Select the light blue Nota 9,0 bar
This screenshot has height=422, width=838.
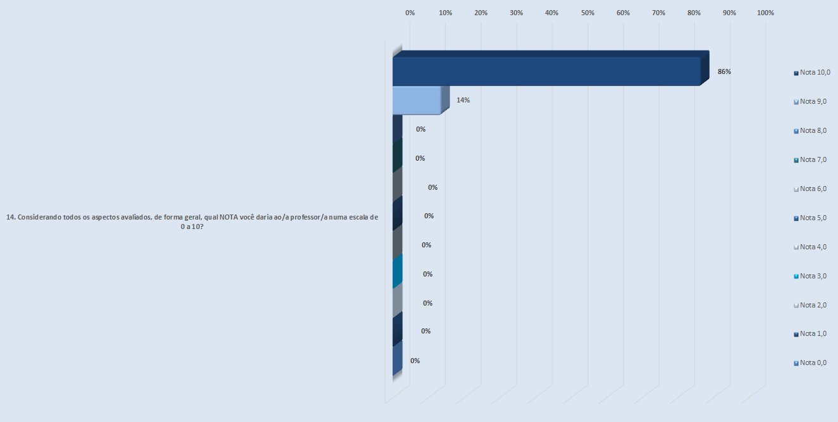click(416, 101)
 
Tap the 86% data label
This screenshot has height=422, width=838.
click(724, 71)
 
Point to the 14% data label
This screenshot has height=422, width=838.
click(463, 100)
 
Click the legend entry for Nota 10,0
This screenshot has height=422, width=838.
click(812, 72)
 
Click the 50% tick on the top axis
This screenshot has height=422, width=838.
click(588, 13)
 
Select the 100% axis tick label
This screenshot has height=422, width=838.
click(765, 13)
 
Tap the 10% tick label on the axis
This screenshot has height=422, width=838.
click(445, 13)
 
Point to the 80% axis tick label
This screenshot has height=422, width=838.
click(694, 13)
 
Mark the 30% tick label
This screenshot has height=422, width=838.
click(516, 13)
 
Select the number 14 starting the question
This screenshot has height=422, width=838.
click(9, 217)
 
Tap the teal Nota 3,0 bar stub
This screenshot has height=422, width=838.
click(397, 272)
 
